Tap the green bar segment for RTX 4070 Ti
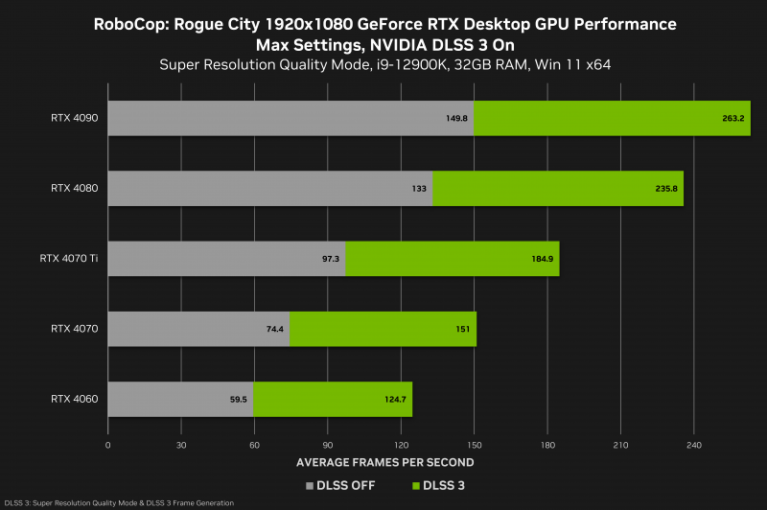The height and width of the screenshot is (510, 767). [x=452, y=259]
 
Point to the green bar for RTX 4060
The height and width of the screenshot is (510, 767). [x=333, y=399]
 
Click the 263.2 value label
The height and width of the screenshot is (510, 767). [x=733, y=119]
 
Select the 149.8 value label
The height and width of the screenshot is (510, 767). [x=457, y=119]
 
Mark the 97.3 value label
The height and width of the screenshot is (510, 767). [x=330, y=259]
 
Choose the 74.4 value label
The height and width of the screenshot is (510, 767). [x=274, y=329]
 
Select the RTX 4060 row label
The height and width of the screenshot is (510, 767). [x=74, y=399]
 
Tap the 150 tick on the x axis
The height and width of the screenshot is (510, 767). [x=475, y=446]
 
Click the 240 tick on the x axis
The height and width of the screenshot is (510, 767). [x=694, y=446]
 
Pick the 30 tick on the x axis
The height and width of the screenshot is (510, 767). [x=181, y=446]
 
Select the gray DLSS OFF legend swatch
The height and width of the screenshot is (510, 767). [x=310, y=486]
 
